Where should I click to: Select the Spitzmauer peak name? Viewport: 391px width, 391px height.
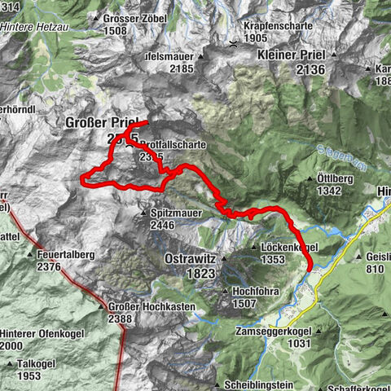click(x=174, y=212)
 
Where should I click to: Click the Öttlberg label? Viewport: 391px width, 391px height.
click(x=335, y=178)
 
